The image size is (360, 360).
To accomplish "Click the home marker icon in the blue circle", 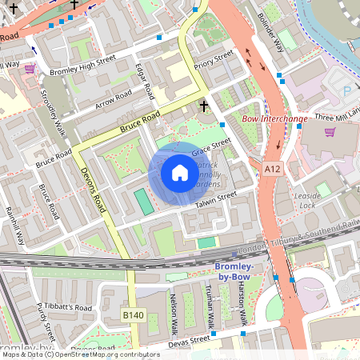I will [180, 173].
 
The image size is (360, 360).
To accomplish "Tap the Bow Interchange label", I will [274, 119].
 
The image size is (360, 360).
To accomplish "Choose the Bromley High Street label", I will [82, 65].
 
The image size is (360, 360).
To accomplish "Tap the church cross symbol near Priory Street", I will [203, 105].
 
